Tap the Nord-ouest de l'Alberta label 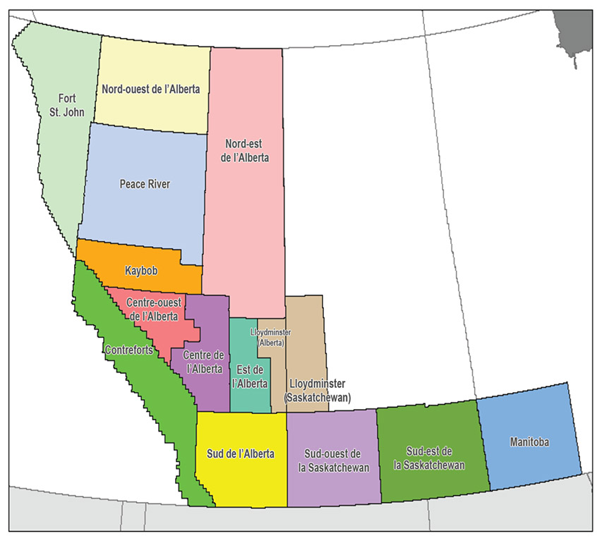[x=150, y=89]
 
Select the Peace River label [x=145, y=183]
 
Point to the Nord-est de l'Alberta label [x=245, y=150]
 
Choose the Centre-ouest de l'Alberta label [x=152, y=309]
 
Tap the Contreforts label [x=131, y=349]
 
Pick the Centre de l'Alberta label [x=203, y=361]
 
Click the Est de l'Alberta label [x=251, y=377]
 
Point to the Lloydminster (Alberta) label [x=270, y=336]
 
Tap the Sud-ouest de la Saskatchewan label [x=331, y=459]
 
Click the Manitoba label [x=529, y=442]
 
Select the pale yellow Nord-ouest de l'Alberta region [x=155, y=63]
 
